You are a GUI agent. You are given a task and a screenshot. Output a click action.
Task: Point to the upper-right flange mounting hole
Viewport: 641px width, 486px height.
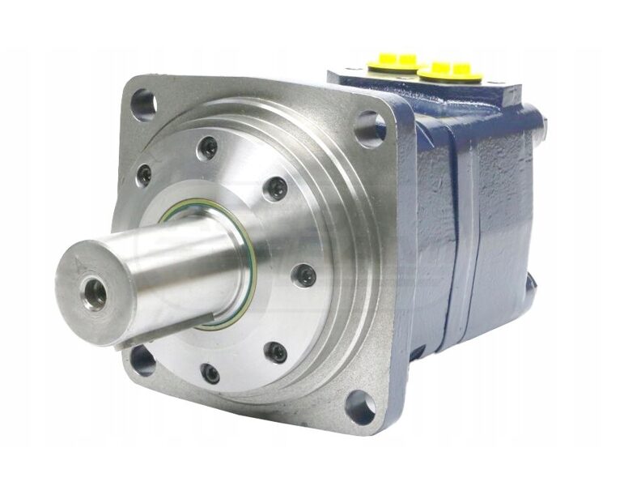point(370,128)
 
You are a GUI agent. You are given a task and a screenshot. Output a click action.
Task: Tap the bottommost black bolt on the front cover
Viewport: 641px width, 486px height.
point(210,373)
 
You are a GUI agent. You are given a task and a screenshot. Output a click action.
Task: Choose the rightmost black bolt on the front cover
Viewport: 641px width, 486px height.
point(304,274)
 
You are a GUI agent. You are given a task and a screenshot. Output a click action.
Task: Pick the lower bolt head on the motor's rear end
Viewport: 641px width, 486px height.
point(532,279)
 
